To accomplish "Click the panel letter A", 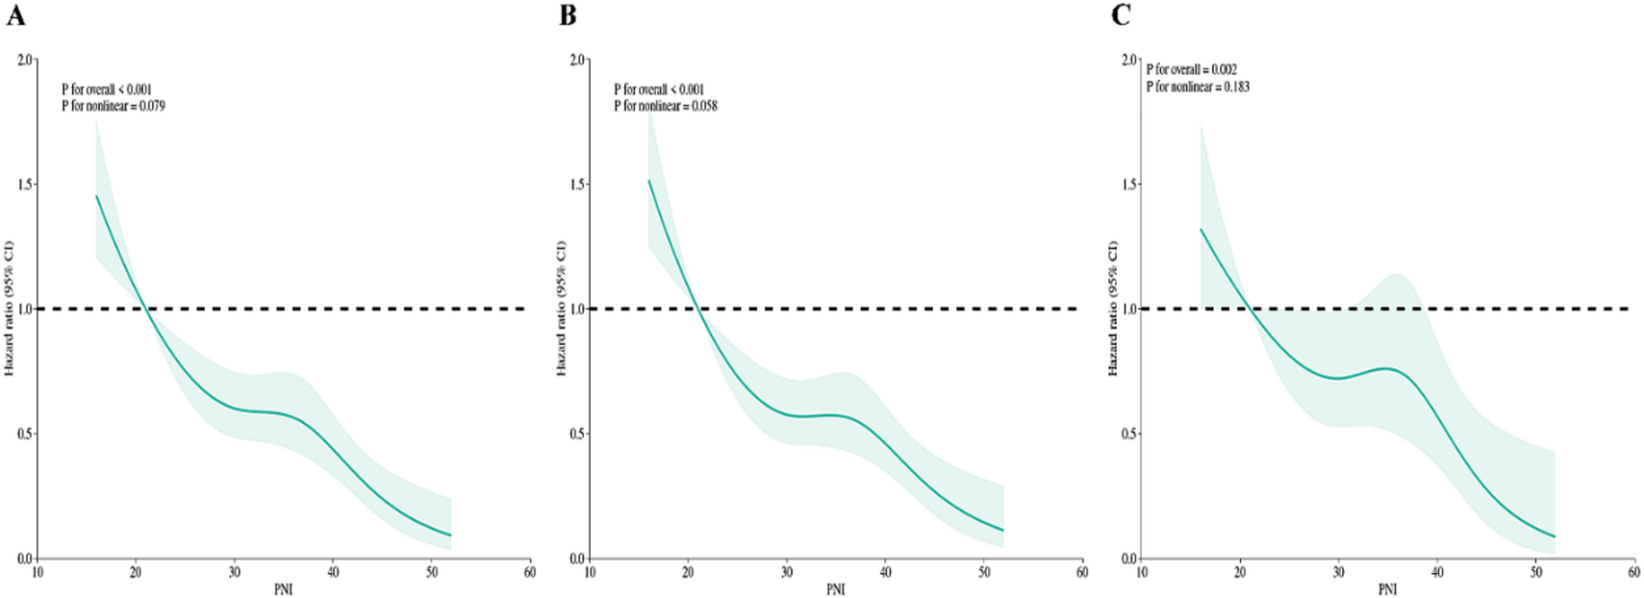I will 15,15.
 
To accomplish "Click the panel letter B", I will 568,15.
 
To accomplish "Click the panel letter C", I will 1120,15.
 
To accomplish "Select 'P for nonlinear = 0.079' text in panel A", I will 113,106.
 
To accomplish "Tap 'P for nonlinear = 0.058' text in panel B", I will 665,106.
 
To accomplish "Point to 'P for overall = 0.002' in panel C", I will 1191,69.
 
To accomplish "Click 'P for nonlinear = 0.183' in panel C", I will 1197,87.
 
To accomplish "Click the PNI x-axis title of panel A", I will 283,588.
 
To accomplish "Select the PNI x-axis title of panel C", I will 1387,588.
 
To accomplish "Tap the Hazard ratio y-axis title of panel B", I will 562,308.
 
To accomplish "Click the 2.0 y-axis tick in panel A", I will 25,60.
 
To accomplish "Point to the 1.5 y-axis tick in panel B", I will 577,184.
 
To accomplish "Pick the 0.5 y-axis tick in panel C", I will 1129,434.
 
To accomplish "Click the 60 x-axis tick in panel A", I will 529,572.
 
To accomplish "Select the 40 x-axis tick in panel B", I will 885,572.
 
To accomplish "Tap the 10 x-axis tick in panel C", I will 1142,572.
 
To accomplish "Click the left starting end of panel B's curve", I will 649,181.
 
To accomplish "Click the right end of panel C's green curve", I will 1555,536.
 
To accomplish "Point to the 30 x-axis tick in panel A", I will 234,572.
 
